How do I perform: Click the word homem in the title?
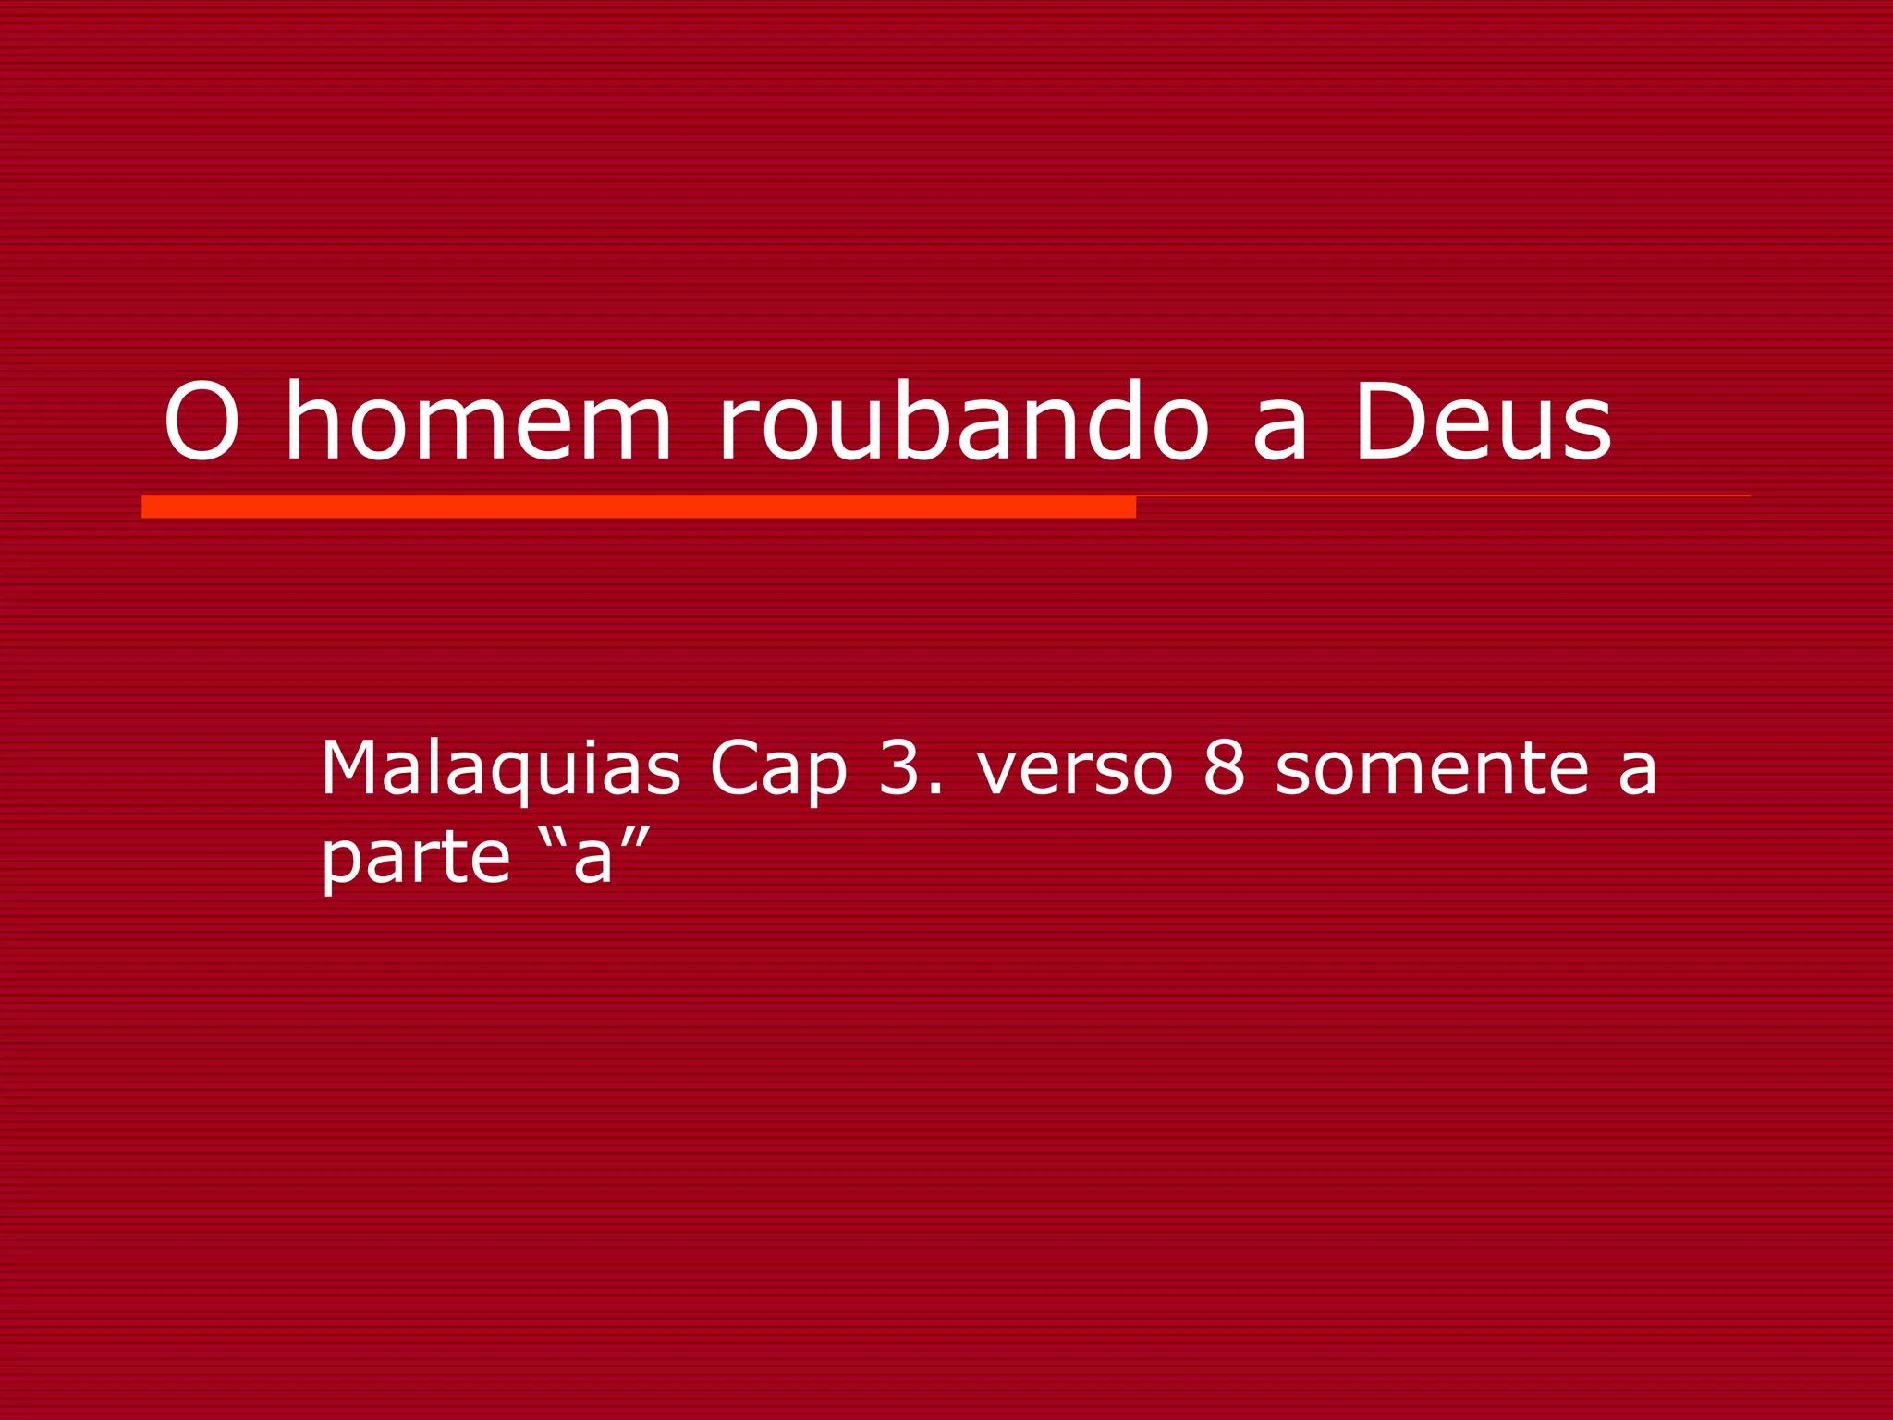477,422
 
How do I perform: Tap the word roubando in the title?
962,422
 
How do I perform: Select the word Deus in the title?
1483,422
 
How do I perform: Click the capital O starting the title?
202,422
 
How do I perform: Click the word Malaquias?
500,769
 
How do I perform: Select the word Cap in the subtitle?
777,769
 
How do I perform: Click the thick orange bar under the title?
638,507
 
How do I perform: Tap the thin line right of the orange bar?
1442,496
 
